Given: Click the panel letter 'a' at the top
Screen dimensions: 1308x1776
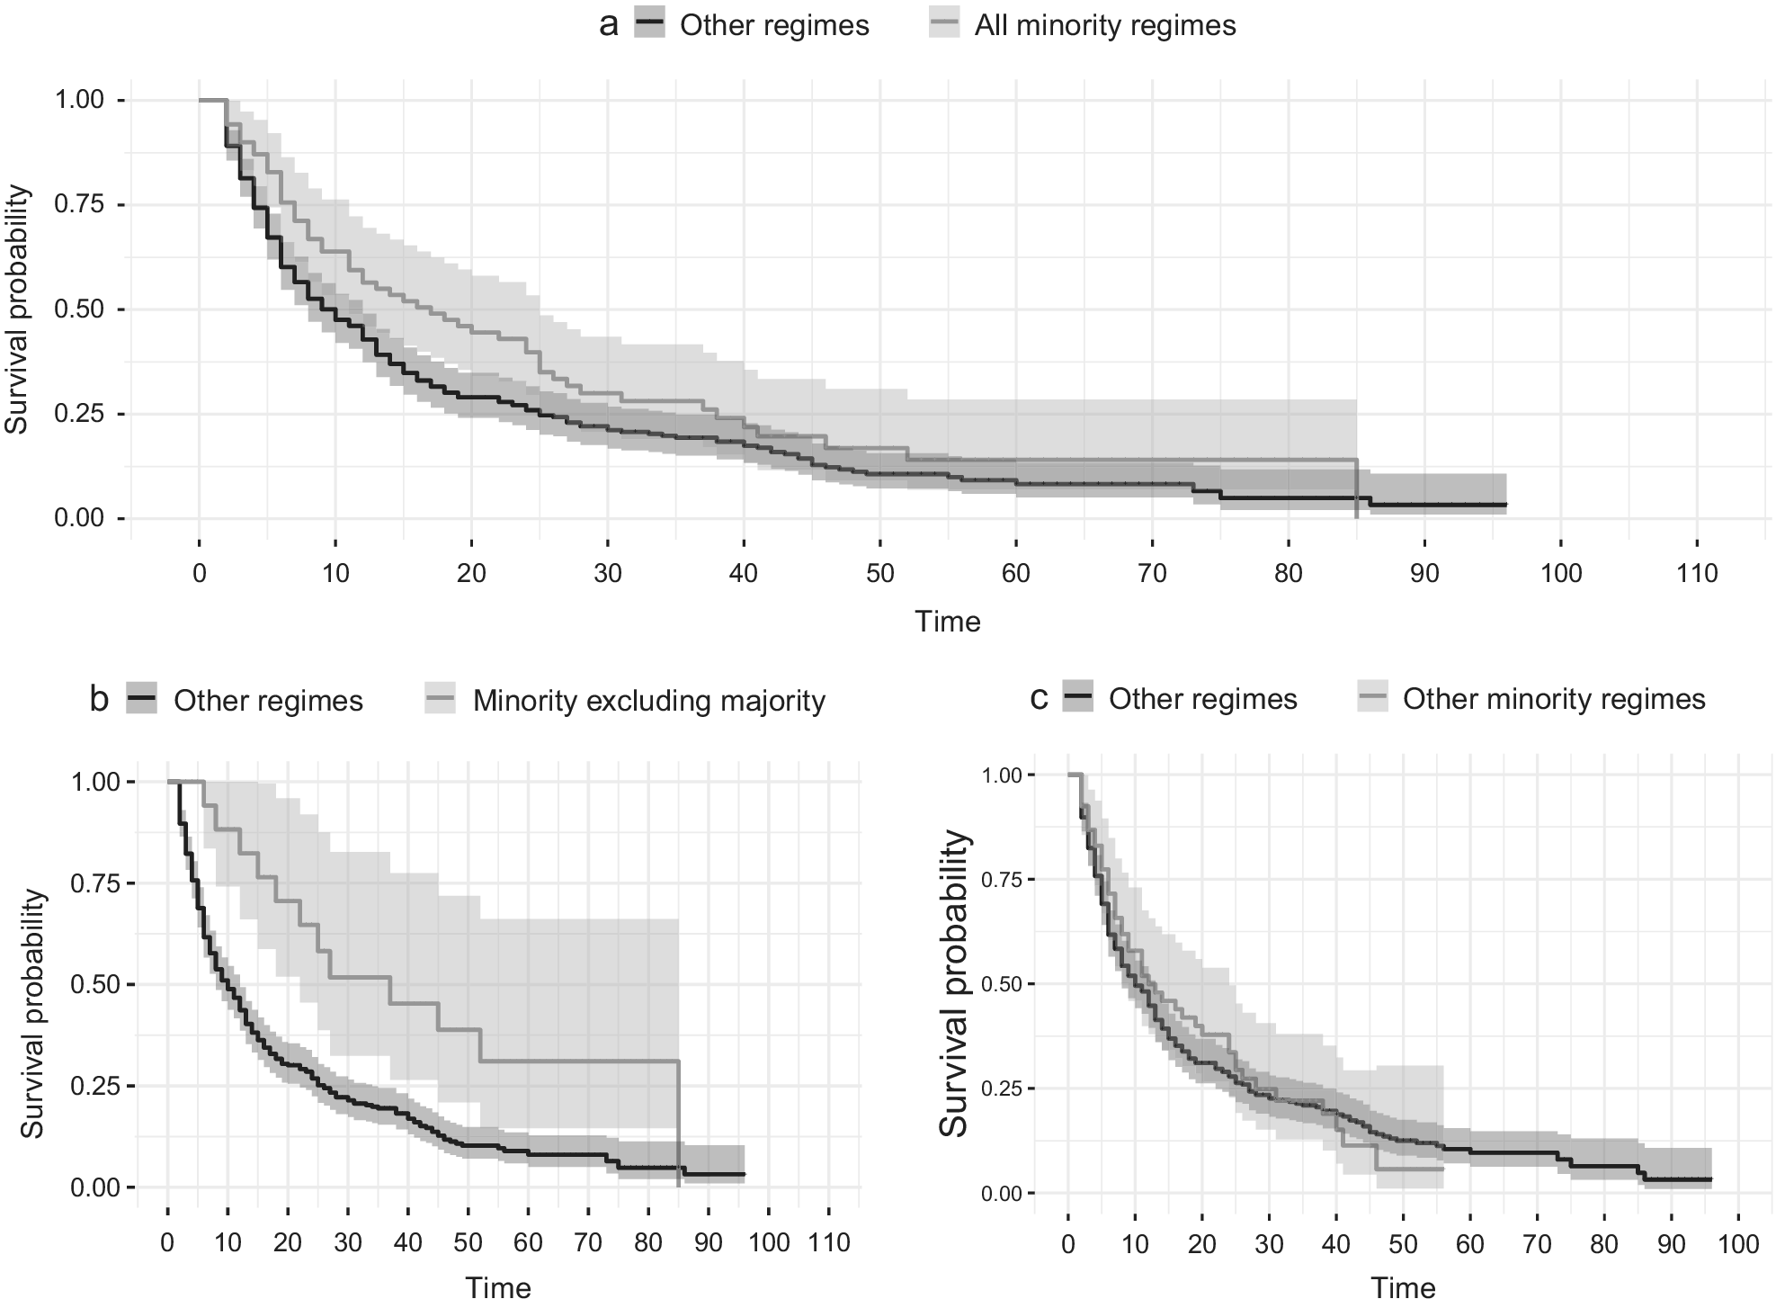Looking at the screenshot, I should coord(609,25).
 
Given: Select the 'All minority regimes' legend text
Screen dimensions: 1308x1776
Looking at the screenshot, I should coord(1105,25).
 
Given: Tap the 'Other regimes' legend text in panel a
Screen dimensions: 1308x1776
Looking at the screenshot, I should coord(774,25).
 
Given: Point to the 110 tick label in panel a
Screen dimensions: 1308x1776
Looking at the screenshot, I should coord(1697,573).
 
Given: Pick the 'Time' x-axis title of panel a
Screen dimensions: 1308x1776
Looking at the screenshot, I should coord(948,622).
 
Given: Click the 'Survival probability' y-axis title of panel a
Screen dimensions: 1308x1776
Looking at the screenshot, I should coord(18,309).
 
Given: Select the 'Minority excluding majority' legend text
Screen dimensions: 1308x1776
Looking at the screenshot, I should coord(649,701).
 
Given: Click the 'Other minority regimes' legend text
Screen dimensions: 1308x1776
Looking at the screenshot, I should coord(1554,699).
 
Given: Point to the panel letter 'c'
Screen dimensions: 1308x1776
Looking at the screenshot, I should coord(1039,699).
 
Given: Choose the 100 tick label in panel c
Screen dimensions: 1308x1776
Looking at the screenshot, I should coord(1738,1245).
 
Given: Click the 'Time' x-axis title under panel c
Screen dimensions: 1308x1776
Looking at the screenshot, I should coord(1403,1288).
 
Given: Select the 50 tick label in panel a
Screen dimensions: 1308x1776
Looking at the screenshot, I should coord(879,573).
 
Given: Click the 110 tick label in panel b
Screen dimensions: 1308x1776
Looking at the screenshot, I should coord(829,1243).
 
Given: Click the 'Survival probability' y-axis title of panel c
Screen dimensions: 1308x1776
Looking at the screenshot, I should coord(955,984).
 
